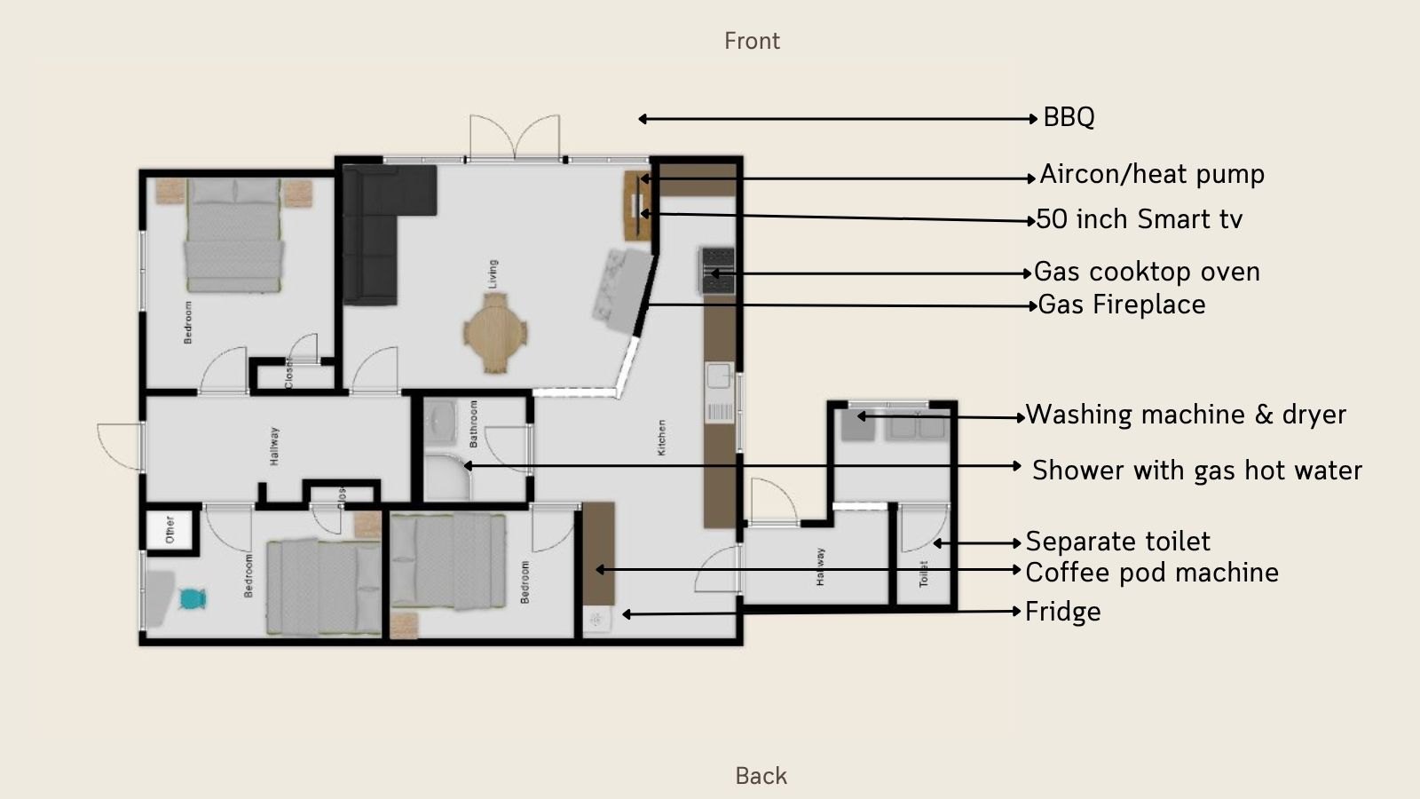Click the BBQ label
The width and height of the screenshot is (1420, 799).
tap(1069, 117)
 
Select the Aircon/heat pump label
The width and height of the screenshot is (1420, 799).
tap(1152, 174)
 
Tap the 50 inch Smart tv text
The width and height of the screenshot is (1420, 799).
tap(1140, 219)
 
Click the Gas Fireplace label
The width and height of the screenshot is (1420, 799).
tap(1122, 305)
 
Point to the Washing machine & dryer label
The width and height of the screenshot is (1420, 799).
tap(1186, 415)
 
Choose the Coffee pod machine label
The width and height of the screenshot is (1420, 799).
tap(1152, 573)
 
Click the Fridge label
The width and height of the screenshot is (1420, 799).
tap(1062, 612)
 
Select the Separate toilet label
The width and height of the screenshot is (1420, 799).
tap(1117, 542)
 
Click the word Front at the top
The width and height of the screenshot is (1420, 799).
tap(752, 41)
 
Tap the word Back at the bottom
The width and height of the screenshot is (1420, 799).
tap(761, 776)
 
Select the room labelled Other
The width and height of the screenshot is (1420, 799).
tap(170, 530)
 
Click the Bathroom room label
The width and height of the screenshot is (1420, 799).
tap(473, 423)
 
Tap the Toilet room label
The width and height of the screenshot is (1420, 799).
tap(923, 574)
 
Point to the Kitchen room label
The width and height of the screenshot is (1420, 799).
tap(661, 438)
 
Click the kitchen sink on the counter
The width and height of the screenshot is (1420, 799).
tap(717, 376)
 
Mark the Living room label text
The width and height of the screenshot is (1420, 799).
tap(493, 273)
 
